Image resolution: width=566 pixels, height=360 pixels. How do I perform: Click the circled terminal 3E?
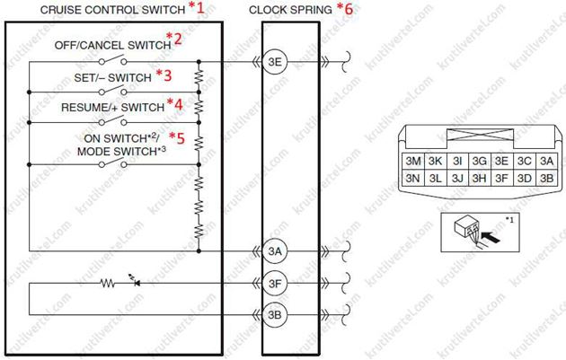275,62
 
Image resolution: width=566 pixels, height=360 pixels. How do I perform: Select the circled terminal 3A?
275,251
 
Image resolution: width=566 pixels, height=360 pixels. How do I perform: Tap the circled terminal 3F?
275,283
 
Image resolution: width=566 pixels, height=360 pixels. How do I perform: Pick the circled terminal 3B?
275,315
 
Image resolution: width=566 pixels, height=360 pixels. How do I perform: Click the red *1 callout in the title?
197,7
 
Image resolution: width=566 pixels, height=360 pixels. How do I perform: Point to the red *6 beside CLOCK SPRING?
345,8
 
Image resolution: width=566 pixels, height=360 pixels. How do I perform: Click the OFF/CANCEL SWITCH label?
112,46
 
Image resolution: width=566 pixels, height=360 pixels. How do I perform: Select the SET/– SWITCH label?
112,77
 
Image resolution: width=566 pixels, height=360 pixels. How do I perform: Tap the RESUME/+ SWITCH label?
112,107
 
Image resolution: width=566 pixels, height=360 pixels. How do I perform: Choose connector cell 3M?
413,161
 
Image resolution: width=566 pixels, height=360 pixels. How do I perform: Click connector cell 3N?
413,178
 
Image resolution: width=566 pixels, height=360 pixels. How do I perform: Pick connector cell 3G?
480,161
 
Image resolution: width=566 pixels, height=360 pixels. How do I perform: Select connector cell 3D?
524,178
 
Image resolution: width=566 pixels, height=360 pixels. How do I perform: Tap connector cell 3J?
457,178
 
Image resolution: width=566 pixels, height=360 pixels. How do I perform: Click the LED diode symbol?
136,282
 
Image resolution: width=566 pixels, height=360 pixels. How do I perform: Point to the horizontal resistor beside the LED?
108,283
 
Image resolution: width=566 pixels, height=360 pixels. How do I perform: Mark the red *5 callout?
177,137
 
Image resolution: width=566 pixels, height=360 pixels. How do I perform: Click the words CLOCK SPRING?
290,10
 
